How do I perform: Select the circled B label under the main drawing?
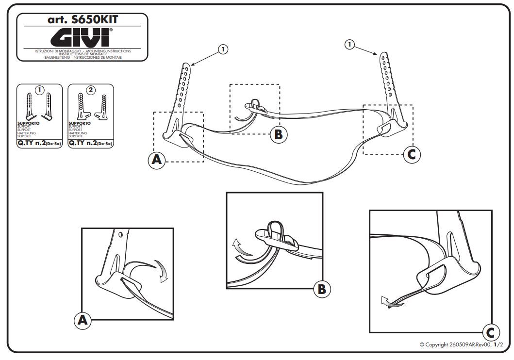pyautogui.click(x=278, y=134)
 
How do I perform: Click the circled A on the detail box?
pyautogui.click(x=82, y=320)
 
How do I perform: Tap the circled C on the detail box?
pyautogui.click(x=490, y=333)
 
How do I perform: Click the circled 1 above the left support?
pyautogui.click(x=222, y=49)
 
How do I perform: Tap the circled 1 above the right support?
pyautogui.click(x=349, y=45)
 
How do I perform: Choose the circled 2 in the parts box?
pyautogui.click(x=91, y=90)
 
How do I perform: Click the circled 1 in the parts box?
pyautogui.click(x=39, y=90)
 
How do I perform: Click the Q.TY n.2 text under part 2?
pyautogui.click(x=90, y=144)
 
